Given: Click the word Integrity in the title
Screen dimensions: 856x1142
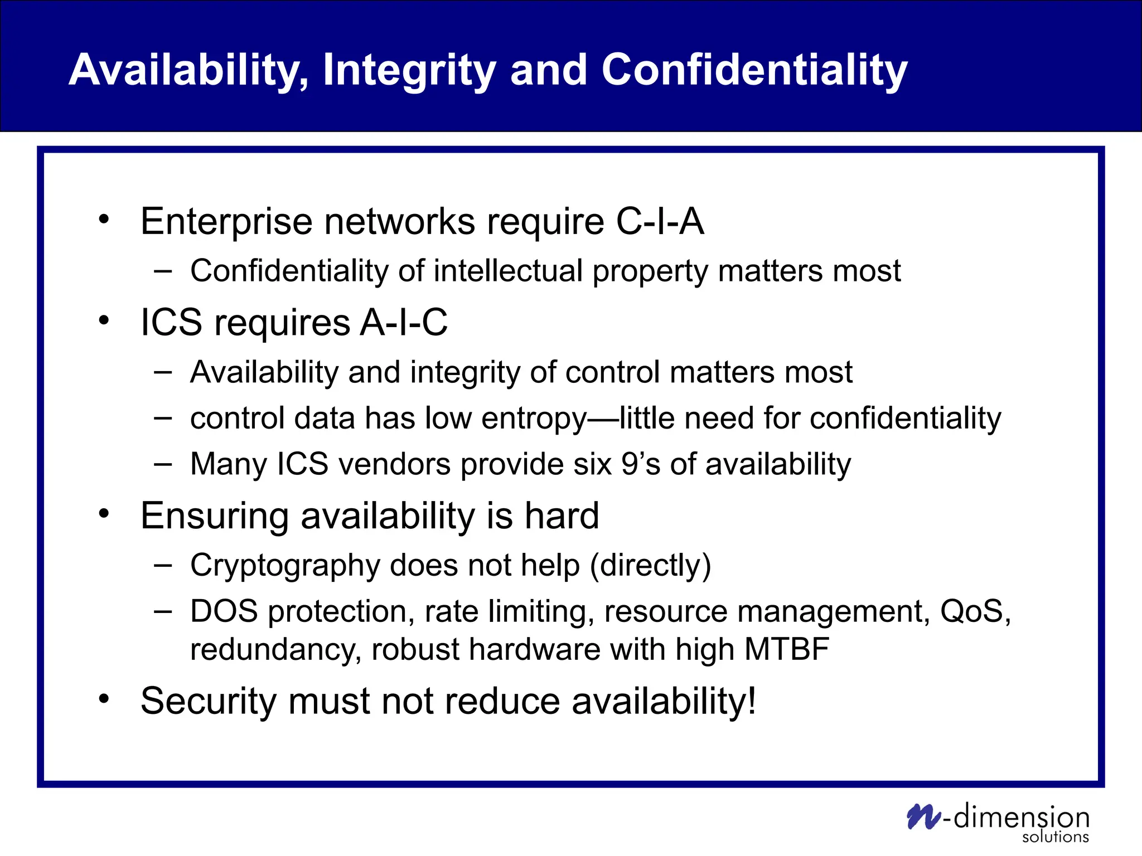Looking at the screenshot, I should point(409,71).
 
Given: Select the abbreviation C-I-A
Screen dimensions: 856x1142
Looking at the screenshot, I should point(660,221).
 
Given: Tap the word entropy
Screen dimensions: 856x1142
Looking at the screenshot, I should point(534,419).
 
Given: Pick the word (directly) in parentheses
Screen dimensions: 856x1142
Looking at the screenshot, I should point(650,566).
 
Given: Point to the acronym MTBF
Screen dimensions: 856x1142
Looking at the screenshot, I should point(787,649).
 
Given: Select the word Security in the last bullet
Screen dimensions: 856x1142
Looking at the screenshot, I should point(209,701).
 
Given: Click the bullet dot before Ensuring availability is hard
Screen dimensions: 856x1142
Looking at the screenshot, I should point(104,514).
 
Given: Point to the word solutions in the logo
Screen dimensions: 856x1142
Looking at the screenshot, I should point(1055,836).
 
